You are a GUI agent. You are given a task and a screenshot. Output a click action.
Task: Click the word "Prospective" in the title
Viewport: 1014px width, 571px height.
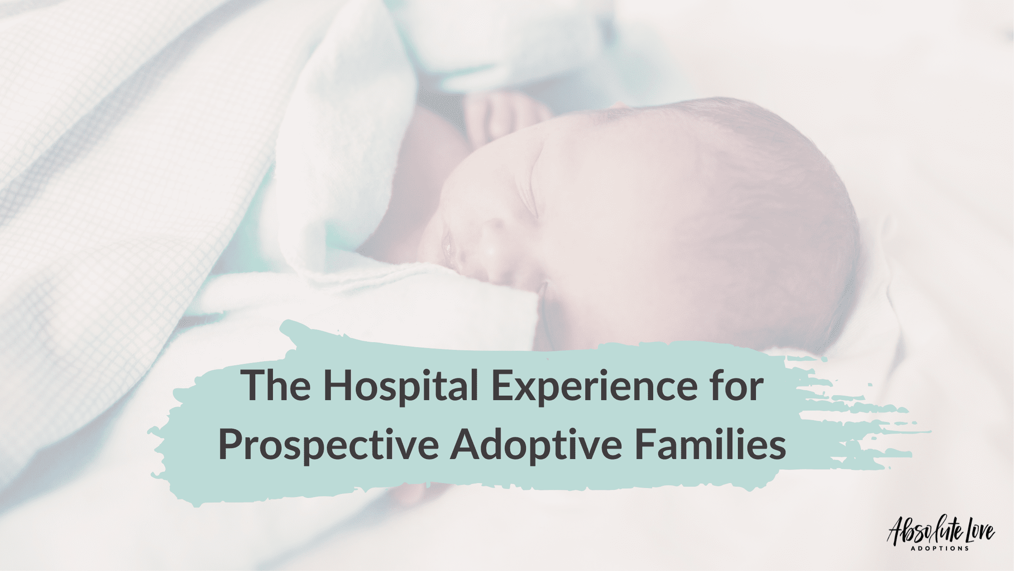[329, 446]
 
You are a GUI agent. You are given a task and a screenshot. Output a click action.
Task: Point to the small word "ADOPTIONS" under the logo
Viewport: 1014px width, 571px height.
[939, 548]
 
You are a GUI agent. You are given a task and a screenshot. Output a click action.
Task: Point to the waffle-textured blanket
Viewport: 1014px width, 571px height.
[113, 181]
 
